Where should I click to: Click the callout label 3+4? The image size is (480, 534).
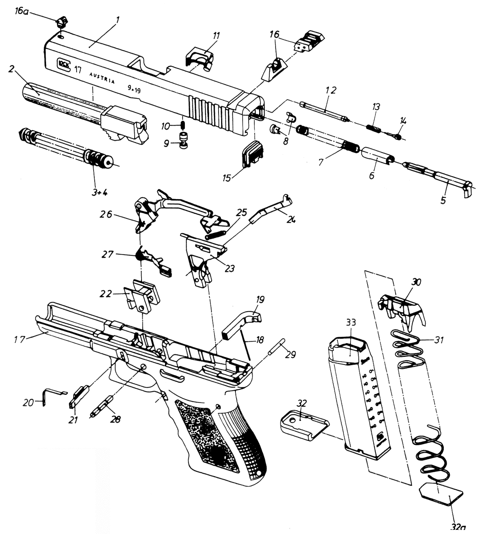coord(99,192)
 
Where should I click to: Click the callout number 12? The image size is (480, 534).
coord(331,90)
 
